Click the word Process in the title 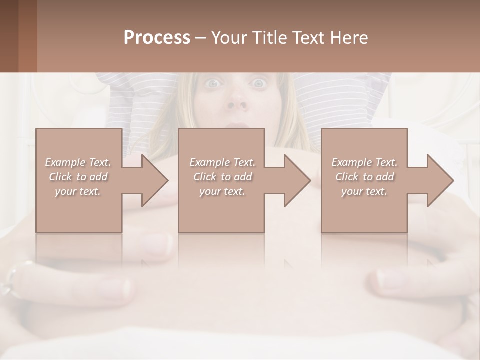pyautogui.click(x=157, y=38)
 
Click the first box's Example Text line pyautogui.click(x=78, y=162)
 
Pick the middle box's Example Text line pyautogui.click(x=222, y=162)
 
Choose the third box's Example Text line pyautogui.click(x=364, y=162)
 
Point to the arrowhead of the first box pyautogui.click(x=155, y=180)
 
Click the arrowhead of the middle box pyautogui.click(x=297, y=180)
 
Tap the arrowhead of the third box pyautogui.click(x=440, y=180)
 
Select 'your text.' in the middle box pyautogui.click(x=222, y=191)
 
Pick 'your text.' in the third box pyautogui.click(x=364, y=191)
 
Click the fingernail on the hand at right pyautogui.click(x=387, y=278)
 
